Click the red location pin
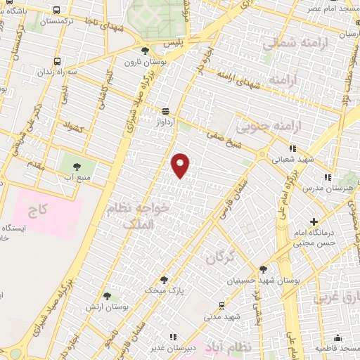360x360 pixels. coord(181,165)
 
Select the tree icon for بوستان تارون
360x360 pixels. coord(145,51)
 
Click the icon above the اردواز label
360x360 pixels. coord(166,111)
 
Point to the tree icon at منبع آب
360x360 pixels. coord(77,166)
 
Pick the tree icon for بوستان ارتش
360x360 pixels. coord(106,297)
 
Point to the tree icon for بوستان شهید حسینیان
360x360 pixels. coord(263,269)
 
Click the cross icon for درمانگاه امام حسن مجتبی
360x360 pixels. coord(314,222)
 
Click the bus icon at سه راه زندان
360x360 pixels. coord(56,60)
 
